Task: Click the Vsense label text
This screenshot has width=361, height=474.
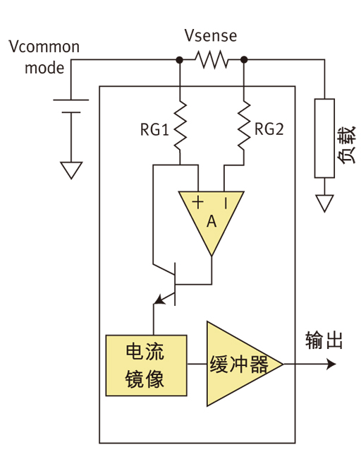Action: click(210, 35)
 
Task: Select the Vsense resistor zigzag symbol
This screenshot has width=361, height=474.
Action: click(212, 61)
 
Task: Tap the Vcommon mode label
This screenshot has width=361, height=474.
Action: click(44, 57)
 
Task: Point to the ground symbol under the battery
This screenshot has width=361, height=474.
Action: click(71, 170)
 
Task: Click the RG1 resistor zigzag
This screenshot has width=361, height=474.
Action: click(180, 125)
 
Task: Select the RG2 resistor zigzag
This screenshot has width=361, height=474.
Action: click(244, 125)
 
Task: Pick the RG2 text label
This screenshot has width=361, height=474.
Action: click(269, 129)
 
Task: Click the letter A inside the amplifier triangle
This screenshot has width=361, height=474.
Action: click(211, 222)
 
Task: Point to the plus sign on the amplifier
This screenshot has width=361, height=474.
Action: click(198, 203)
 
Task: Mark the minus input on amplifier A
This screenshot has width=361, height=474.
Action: click(226, 203)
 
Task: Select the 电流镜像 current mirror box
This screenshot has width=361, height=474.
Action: click(146, 365)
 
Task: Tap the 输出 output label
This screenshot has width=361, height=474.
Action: click(324, 340)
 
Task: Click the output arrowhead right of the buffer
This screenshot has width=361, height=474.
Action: click(331, 365)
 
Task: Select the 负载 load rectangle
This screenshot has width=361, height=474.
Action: click(324, 138)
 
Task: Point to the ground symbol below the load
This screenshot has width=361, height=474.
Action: click(324, 203)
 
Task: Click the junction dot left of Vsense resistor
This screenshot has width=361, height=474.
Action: click(180, 61)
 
